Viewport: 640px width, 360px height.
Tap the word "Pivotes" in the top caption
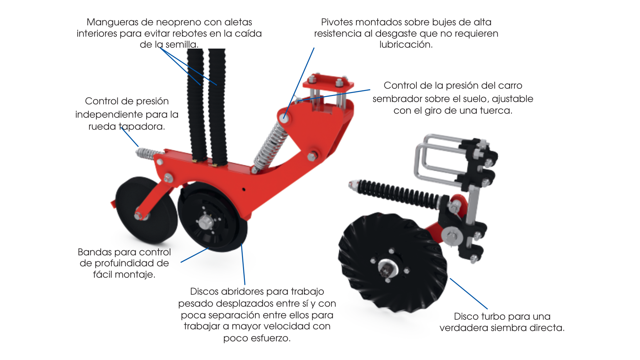click(x=337, y=22)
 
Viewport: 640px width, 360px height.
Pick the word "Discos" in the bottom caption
click(x=204, y=291)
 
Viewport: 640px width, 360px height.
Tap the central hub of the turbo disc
click(x=388, y=268)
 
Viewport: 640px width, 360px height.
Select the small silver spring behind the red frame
click(x=149, y=153)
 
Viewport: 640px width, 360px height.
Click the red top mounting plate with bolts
click(x=328, y=82)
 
